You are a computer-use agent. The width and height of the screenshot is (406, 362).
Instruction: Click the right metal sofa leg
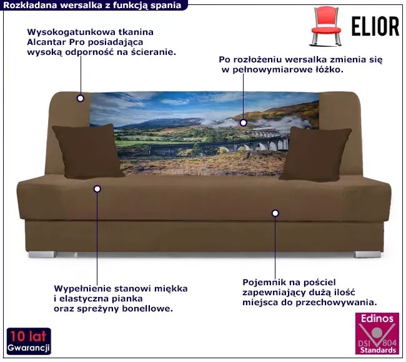coord(362,255)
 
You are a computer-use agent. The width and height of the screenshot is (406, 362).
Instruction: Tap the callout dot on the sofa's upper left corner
coord(80,98)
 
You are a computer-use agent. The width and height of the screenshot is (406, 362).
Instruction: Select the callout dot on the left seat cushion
coord(97,188)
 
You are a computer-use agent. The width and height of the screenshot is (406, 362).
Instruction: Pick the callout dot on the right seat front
coord(275,213)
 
